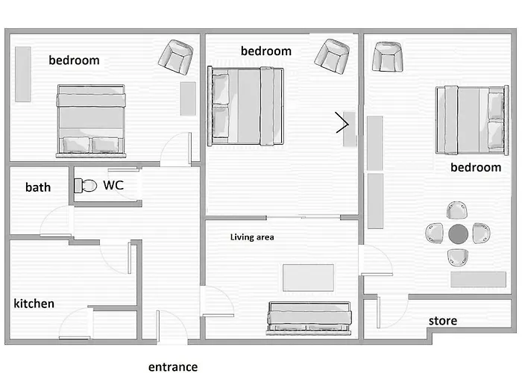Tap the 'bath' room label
38,186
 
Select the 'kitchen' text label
34,304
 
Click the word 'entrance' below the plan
173,366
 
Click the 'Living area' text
252,237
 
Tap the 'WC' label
113,184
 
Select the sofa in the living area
309,316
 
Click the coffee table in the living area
308,278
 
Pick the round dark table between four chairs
457,234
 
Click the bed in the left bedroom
91,119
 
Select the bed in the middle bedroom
246,105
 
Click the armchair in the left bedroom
178,57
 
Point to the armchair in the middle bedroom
332,56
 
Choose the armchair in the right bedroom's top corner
387,57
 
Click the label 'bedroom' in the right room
476,167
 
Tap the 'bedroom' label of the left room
74,60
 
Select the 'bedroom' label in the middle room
265,51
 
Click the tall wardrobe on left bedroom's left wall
22,75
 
